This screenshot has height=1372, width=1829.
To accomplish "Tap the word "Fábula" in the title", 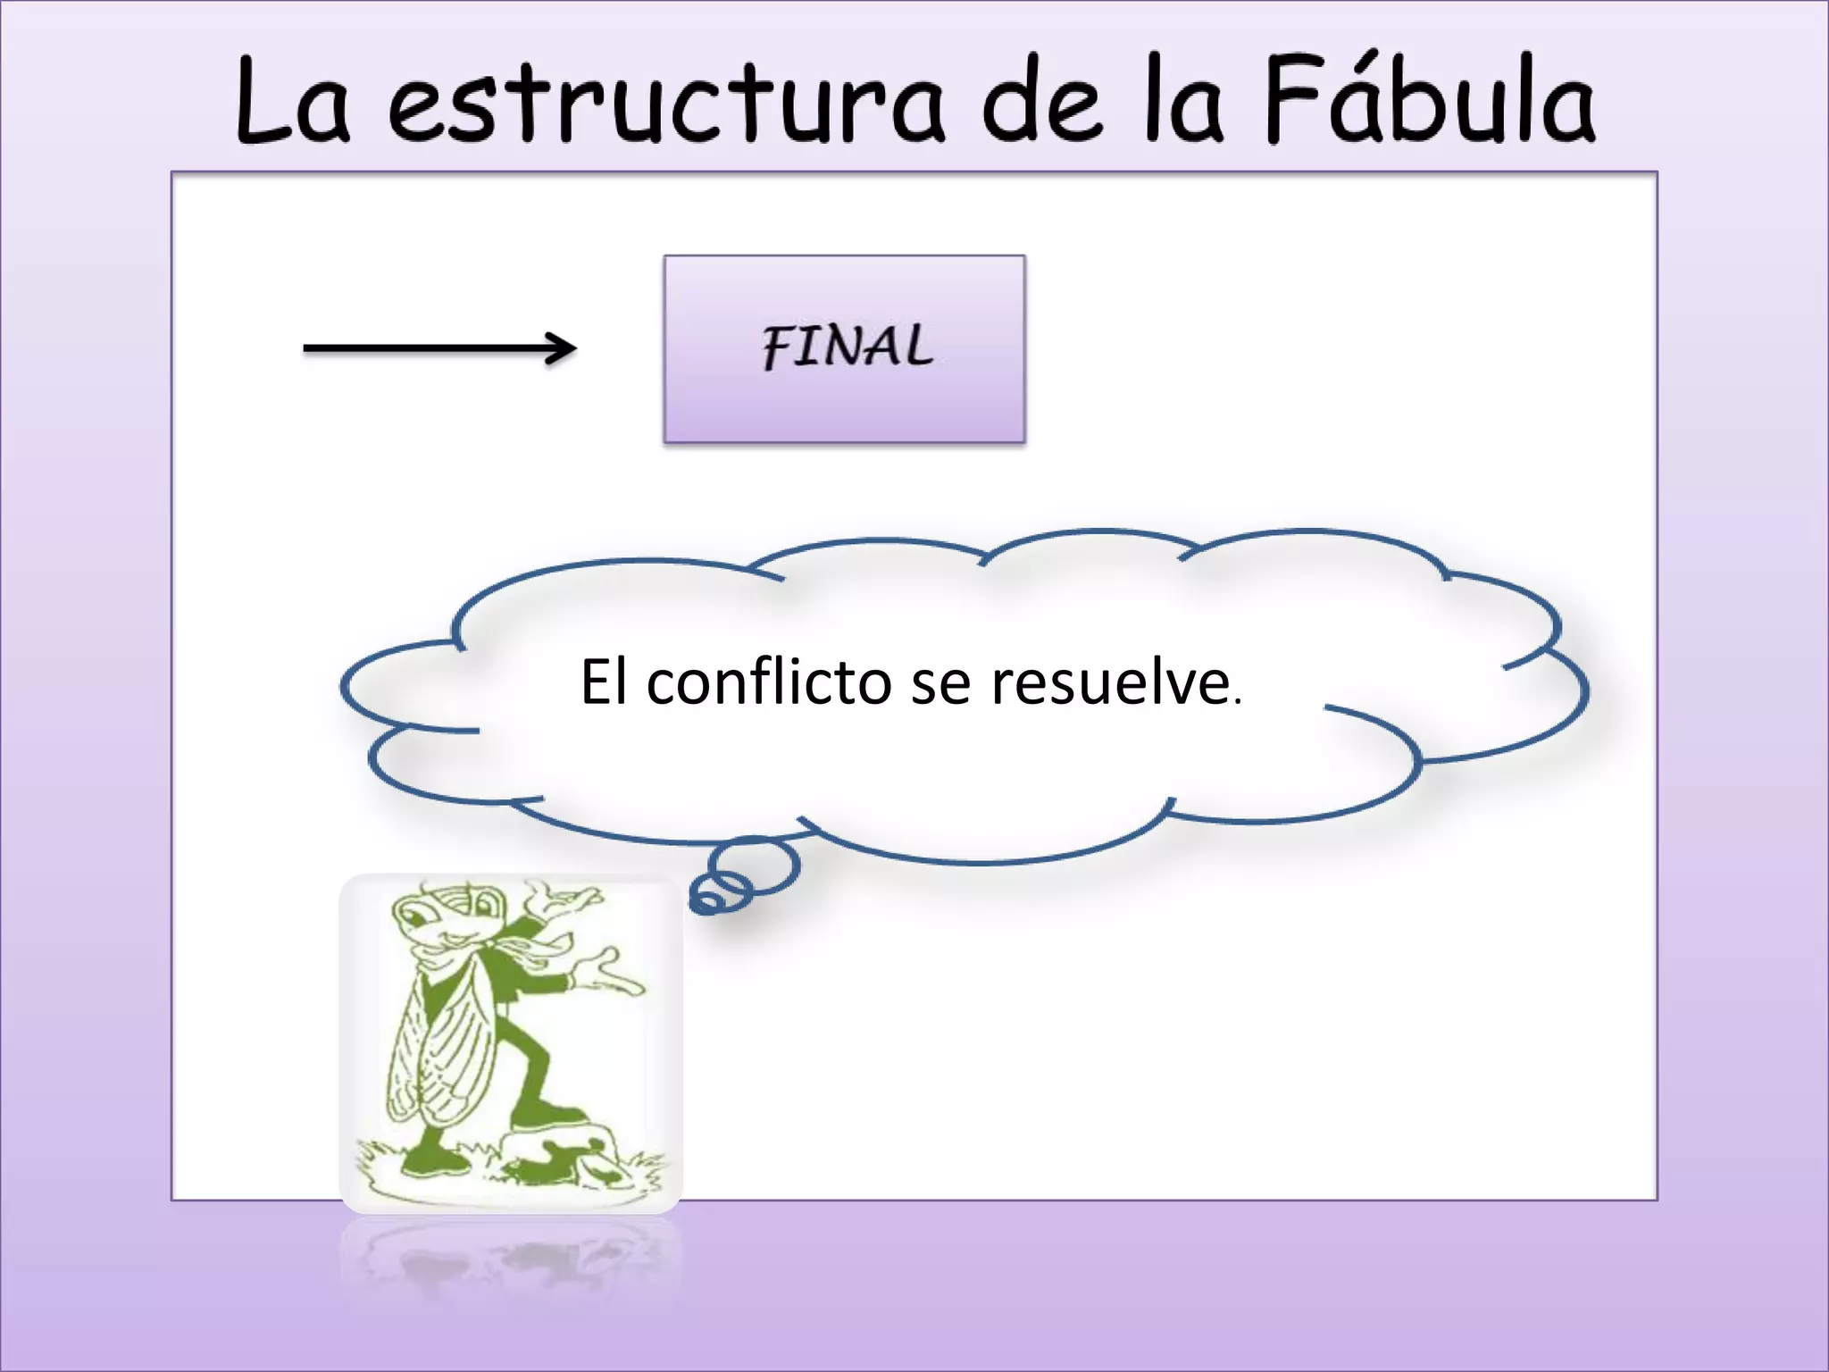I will click(1430, 100).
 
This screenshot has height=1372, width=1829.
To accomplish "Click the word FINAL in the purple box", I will click(847, 347).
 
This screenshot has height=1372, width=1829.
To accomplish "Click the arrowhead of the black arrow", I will click(563, 348).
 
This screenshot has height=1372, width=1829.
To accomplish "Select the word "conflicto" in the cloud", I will click(769, 682).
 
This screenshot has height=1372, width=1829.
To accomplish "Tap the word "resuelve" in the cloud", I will click(1111, 682).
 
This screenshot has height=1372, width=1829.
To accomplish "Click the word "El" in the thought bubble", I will click(604, 682).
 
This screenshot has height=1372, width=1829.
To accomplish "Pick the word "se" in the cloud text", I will click(940, 684).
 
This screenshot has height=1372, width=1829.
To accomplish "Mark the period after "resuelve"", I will click(1237, 702).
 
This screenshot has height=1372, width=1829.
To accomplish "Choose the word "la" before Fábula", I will click(1183, 100).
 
